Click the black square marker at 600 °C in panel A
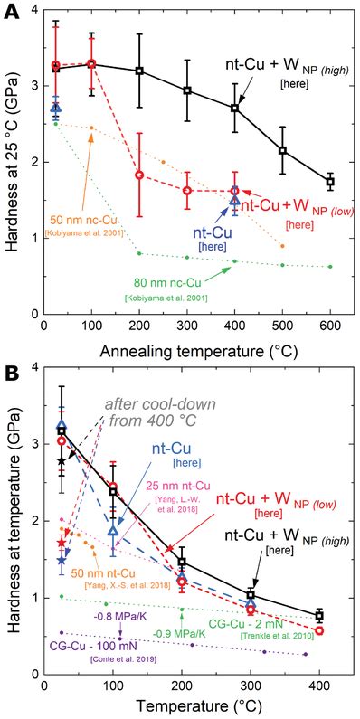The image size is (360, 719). (330, 182)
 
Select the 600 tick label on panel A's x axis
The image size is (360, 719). (330, 324)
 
